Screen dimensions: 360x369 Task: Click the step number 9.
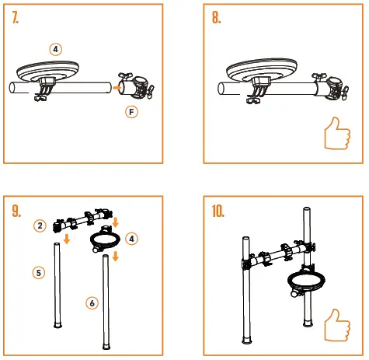coord(17,210)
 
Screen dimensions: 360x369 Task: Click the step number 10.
coord(220,210)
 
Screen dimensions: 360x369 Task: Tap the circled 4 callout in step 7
coord(55,48)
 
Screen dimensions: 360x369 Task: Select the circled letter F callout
coord(132,112)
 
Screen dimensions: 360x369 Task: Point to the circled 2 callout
coord(39,225)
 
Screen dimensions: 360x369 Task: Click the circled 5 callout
coord(39,272)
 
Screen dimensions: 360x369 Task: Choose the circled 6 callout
coord(92,302)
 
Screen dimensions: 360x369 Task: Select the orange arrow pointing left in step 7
coord(113,89)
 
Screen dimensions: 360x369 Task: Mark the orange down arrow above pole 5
coord(68,239)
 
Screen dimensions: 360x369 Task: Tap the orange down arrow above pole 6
coord(116,256)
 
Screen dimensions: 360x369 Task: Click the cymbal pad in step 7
coord(58,70)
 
